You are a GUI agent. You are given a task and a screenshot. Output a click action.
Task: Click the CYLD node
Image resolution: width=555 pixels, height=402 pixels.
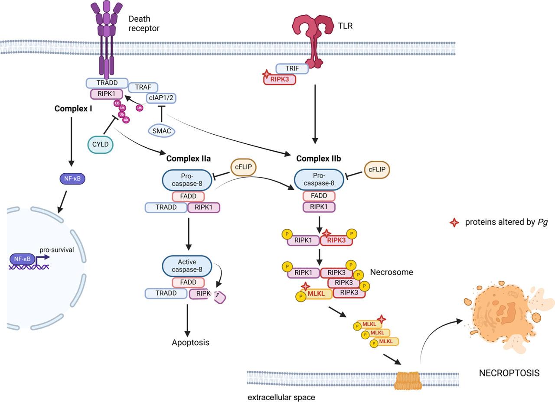(x=100, y=145)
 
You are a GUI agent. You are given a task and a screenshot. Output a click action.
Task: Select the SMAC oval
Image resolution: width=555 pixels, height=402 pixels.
(x=161, y=131)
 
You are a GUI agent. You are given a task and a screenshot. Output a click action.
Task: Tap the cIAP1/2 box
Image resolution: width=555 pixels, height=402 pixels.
(x=161, y=98)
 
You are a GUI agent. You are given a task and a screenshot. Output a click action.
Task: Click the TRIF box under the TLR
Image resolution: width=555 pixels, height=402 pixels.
(x=292, y=68)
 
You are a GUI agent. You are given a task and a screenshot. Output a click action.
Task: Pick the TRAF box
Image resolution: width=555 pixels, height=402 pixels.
(x=143, y=87)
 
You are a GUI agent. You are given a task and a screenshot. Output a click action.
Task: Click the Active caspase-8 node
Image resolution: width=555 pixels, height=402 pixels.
(x=187, y=266)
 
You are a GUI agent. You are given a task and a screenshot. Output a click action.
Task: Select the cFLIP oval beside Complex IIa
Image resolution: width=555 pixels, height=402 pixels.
(x=243, y=167)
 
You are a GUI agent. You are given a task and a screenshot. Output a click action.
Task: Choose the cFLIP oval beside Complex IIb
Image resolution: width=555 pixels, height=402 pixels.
(x=377, y=170)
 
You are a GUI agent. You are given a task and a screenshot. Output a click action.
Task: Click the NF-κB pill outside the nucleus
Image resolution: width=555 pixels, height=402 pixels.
(x=72, y=178)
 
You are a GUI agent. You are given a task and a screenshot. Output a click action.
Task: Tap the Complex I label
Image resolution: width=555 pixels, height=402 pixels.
(x=73, y=108)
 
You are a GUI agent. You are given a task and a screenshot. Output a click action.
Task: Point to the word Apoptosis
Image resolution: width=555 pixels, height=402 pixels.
(x=190, y=342)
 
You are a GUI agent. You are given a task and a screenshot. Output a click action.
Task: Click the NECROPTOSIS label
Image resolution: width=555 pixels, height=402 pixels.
(x=509, y=373)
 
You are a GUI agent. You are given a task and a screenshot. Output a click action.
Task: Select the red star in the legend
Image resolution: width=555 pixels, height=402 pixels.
(x=454, y=222)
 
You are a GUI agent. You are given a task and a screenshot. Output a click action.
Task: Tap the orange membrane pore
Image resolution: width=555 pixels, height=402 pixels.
(x=408, y=380)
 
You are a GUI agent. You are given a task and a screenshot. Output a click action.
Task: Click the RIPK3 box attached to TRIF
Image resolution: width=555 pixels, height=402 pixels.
(x=280, y=79)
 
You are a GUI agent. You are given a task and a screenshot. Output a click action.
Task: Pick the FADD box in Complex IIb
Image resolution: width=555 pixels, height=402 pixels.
(x=319, y=196)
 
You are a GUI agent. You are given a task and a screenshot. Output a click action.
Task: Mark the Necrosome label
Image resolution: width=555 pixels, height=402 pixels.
(x=391, y=272)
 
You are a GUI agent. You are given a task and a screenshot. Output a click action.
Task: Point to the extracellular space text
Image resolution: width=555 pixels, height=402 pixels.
(x=281, y=397)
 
